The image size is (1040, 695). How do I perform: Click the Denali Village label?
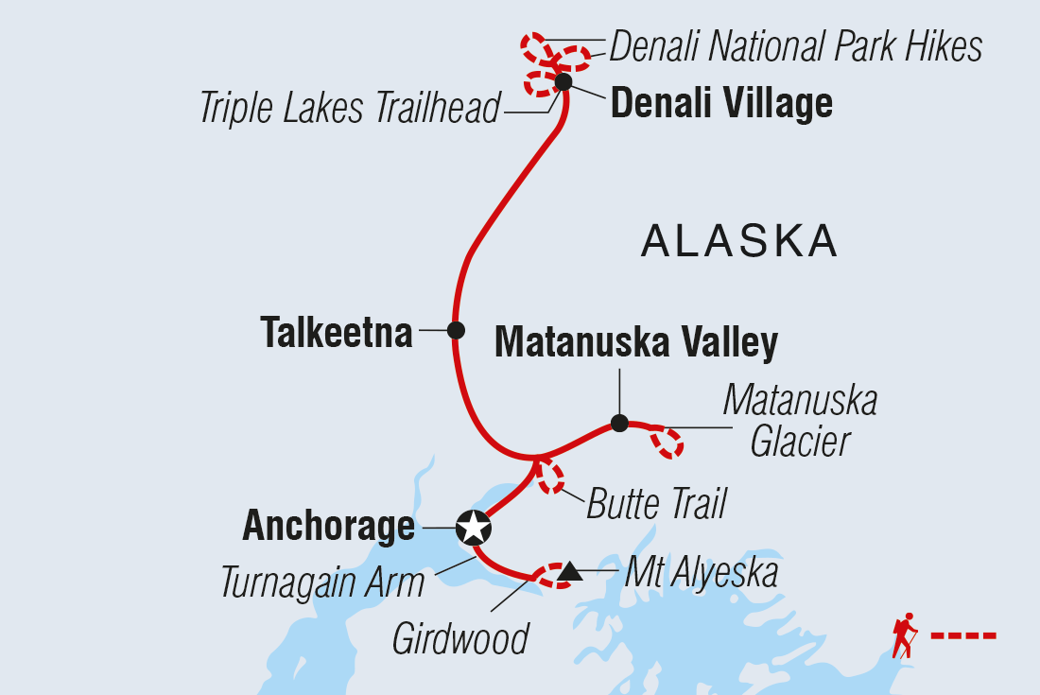tap(721, 103)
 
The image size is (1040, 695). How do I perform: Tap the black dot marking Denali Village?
tap(563, 82)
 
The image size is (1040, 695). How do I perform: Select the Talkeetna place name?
tap(337, 333)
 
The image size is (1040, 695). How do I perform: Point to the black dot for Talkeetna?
tap(456, 330)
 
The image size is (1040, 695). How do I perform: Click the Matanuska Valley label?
tap(636, 342)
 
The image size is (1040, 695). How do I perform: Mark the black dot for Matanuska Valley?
tap(619, 423)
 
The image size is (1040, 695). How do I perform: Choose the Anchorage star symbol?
tap(473, 528)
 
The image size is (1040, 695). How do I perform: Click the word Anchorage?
tap(328, 526)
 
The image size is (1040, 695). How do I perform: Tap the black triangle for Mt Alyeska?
tap(569, 572)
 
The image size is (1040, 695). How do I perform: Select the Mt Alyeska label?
tap(701, 572)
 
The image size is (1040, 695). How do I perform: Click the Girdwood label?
tap(460, 639)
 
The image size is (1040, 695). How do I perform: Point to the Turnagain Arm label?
tap(322, 582)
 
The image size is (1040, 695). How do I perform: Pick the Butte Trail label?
tap(656, 504)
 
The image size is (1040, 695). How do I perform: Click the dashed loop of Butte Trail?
tap(549, 478)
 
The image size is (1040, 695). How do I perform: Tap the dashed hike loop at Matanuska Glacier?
tap(667, 443)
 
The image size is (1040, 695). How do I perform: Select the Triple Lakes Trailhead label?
tap(349, 110)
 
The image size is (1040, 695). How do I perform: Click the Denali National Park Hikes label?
tap(795, 45)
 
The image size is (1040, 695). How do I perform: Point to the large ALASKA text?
tap(739, 242)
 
